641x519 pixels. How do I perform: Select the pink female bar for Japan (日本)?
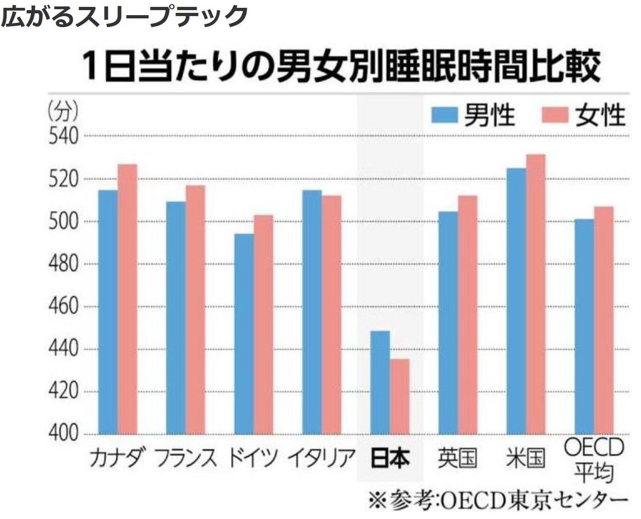tap(400, 396)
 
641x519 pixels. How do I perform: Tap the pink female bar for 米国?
tap(536, 294)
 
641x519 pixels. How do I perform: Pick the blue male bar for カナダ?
tap(108, 312)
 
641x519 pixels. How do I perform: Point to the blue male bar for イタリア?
tap(312, 312)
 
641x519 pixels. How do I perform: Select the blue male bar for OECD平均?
tap(584, 326)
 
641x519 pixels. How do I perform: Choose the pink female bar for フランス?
tap(195, 310)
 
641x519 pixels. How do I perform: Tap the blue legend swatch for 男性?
tap(444, 115)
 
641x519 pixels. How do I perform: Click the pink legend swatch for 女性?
tap(555, 115)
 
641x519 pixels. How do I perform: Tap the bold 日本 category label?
tap(390, 458)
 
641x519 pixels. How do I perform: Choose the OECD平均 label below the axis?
tap(594, 460)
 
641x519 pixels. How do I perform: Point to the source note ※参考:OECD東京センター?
tap(498, 500)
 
